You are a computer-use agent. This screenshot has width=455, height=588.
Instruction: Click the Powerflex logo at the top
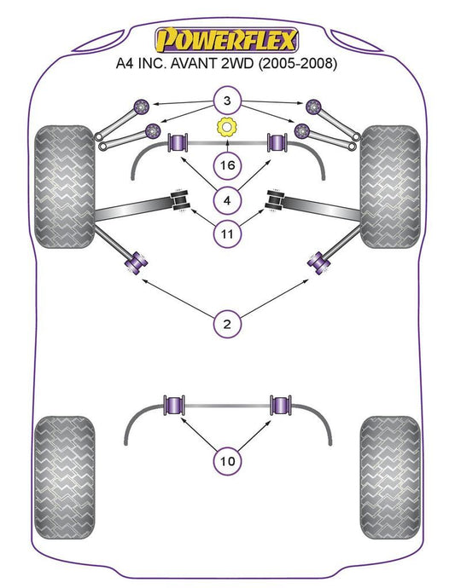[227, 40]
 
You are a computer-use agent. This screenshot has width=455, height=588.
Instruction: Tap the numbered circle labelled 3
[227, 101]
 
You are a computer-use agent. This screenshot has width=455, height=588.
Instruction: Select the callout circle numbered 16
[227, 165]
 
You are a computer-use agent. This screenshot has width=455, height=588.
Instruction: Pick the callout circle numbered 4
[227, 200]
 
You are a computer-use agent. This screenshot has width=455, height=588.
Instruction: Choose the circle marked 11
[227, 234]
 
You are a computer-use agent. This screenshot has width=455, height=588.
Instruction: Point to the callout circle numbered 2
[227, 324]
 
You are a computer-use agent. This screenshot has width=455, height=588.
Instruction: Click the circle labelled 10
[227, 461]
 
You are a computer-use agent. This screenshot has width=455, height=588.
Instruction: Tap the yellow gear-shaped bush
[226, 128]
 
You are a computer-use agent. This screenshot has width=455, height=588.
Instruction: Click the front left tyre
[64, 187]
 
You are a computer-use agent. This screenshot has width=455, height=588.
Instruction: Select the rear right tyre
[390, 477]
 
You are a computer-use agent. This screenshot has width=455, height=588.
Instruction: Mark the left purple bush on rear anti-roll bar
[174, 406]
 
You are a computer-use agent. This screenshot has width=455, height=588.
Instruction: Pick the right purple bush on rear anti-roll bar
[281, 406]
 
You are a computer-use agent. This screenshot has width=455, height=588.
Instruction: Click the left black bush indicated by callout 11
[180, 200]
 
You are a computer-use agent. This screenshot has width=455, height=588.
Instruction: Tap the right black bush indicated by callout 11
[275, 200]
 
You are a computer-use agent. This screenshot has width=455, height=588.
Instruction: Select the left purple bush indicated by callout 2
[136, 262]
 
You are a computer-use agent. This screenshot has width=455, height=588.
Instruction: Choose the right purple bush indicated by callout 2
[319, 262]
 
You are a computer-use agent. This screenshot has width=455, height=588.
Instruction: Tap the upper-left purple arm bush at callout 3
[142, 107]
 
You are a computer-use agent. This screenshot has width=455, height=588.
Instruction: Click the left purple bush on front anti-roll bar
[178, 142]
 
